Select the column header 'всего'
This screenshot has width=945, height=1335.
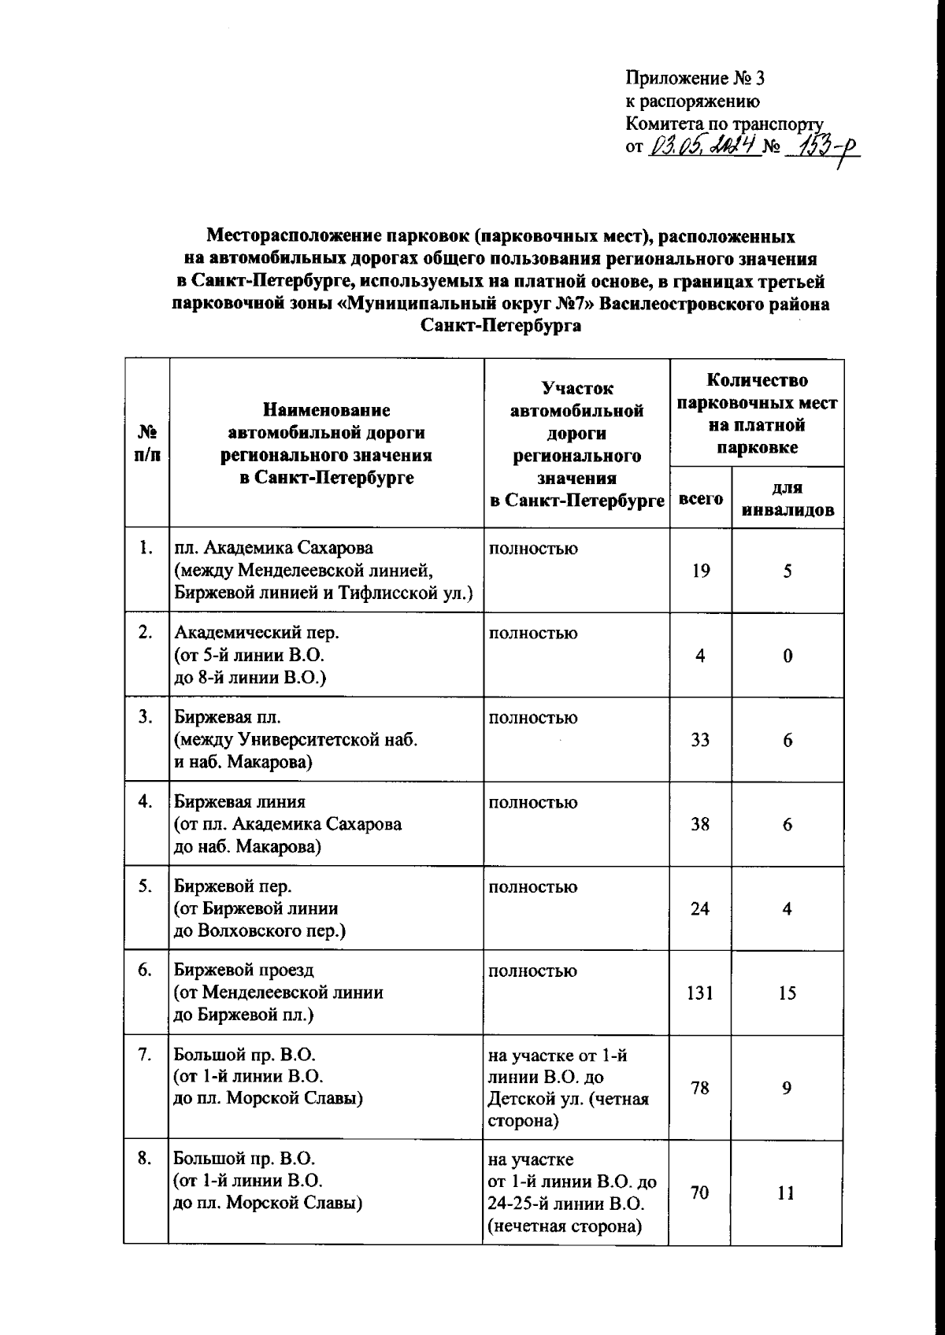pos(700,498)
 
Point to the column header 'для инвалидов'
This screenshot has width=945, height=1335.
pos(787,498)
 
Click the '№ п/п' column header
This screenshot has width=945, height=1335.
pos(146,443)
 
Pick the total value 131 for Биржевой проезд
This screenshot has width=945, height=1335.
pos(699,993)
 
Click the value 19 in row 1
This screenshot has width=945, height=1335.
pos(700,571)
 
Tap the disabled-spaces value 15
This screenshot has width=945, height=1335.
pos(787,993)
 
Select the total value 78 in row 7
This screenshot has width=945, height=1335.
pos(700,1088)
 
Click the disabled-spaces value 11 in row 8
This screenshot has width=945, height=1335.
pos(786,1193)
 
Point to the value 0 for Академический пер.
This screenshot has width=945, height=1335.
pos(787,656)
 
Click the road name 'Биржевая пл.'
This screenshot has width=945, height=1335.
pos(227,718)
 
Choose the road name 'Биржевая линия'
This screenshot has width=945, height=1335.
pos(239,802)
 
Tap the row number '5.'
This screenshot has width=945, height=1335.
pos(145,886)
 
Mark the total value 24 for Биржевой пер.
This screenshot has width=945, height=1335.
pos(700,908)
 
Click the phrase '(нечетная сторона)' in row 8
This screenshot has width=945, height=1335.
pos(565,1226)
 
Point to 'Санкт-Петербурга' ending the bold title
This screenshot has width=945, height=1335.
pos(501,326)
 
